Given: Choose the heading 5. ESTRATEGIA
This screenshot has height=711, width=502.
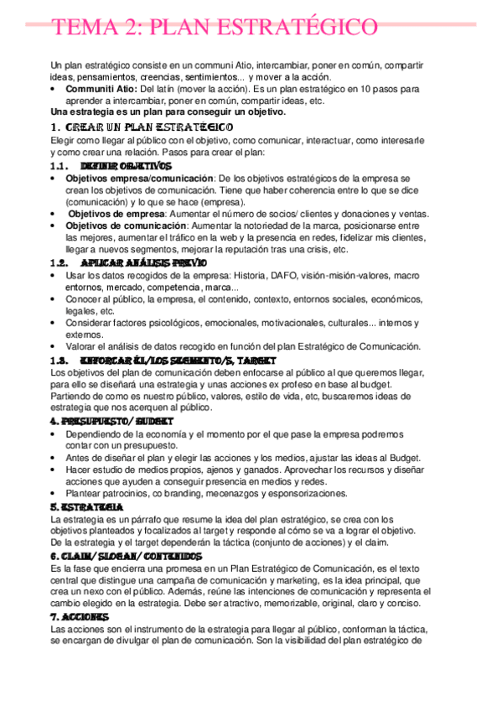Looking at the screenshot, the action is click(80, 508).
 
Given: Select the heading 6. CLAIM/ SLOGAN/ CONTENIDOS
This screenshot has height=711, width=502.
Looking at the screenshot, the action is click(126, 557).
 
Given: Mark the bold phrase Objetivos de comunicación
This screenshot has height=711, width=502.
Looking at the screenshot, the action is click(126, 226).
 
